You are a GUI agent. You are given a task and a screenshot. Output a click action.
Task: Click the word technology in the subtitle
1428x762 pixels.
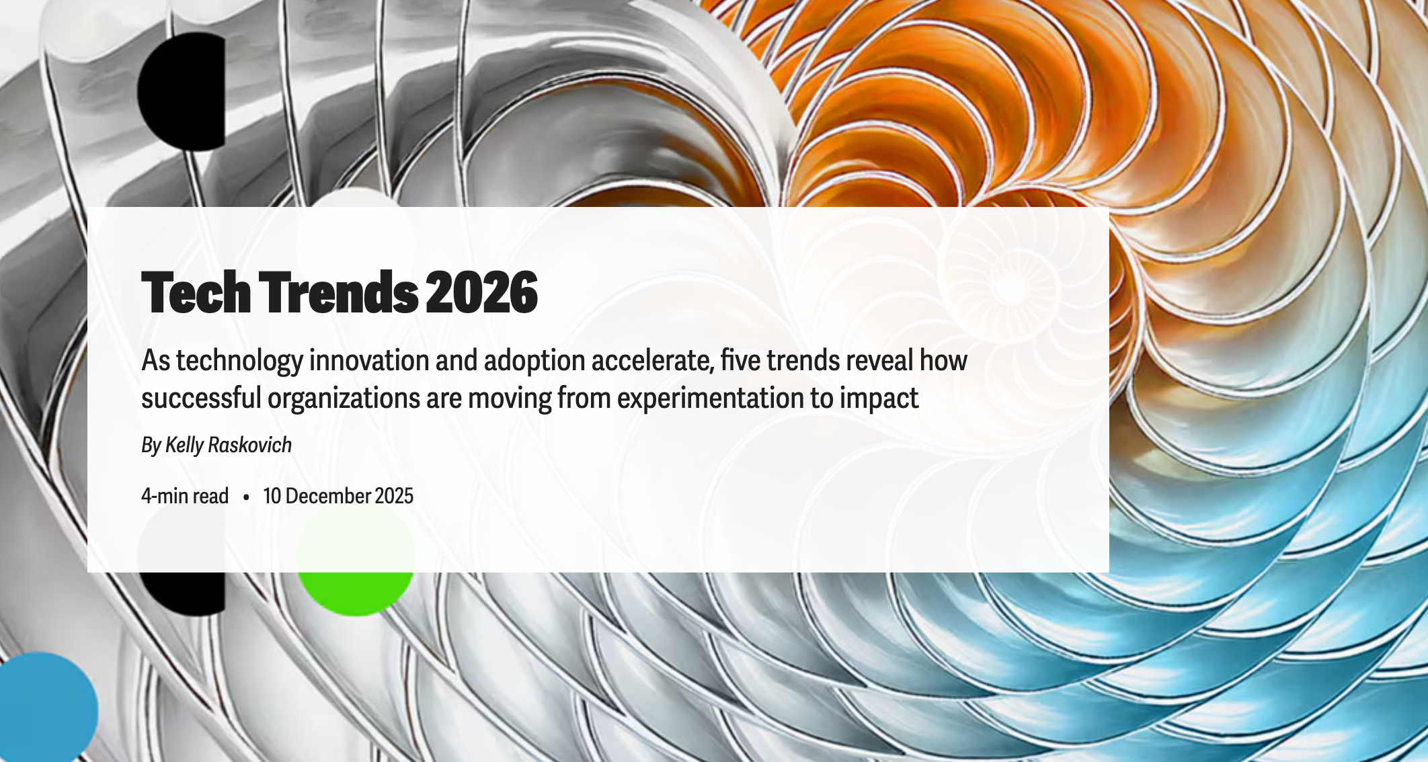coord(239,361)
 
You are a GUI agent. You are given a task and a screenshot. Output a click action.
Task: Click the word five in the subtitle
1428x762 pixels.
coord(740,361)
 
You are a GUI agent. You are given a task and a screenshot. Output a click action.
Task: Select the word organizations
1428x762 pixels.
coord(344,398)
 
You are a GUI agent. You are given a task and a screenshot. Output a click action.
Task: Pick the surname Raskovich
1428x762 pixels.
coord(249,445)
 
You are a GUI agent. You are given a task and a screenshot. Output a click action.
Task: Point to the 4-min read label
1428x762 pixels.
coord(185,496)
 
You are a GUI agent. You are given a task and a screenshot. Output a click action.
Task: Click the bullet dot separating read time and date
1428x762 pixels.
coord(246,497)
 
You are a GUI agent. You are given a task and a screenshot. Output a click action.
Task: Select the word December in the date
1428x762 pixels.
coord(327,496)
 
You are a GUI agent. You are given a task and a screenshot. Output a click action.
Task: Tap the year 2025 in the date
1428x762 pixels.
coord(394,496)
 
